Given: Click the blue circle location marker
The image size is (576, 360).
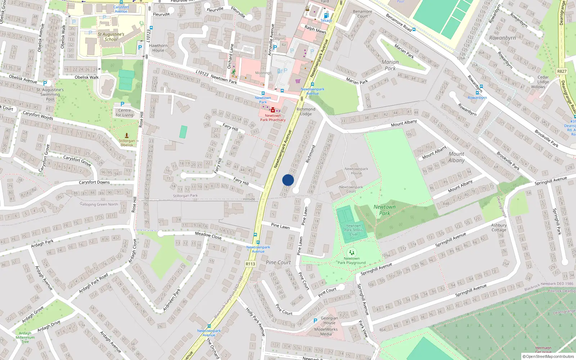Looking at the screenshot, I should [288, 180].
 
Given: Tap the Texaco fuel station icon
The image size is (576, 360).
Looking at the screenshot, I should [326, 15].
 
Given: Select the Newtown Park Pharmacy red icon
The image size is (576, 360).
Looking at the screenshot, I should [273, 110].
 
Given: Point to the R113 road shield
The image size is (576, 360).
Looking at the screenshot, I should [250, 264].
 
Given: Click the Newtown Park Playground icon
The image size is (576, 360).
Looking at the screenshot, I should [352, 252].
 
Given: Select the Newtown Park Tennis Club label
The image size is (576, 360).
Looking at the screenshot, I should [353, 230].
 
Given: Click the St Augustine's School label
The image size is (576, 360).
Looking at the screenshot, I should [111, 37].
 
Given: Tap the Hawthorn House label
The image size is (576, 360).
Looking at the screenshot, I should [158, 48].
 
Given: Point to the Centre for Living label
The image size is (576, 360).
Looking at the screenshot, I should [124, 113].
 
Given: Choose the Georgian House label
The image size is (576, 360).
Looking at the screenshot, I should [329, 320].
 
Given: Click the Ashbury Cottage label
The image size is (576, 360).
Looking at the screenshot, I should [499, 228].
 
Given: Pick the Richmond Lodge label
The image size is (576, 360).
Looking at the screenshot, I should [306, 112].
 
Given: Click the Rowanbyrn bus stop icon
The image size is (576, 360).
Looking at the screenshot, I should [477, 93].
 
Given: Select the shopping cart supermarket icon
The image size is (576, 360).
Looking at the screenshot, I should [298, 81].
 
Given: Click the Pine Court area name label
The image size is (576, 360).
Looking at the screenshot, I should [278, 262].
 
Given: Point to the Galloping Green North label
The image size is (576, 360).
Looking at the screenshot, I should [99, 204].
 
